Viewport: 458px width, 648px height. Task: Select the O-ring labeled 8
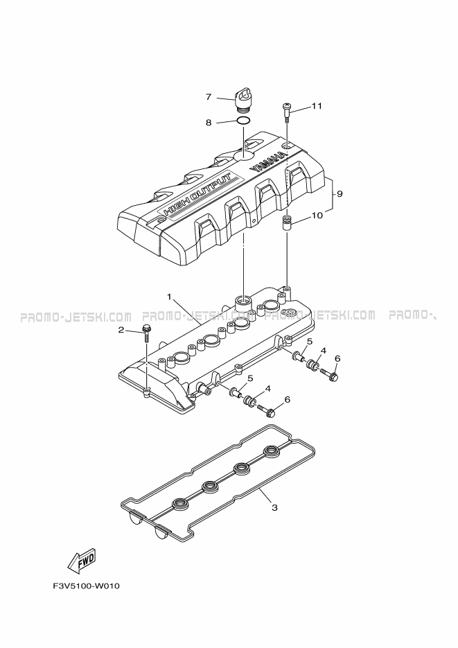coord(243,121)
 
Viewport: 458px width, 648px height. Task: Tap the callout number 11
coord(317,106)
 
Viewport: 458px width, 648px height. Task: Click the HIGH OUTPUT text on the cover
coord(197,194)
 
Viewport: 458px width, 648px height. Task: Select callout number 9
coord(340,193)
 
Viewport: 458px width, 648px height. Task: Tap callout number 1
coord(169,297)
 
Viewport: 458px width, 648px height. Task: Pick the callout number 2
coord(121,330)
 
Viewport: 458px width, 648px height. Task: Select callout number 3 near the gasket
coord(274,507)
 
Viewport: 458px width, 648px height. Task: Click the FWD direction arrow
coord(81,560)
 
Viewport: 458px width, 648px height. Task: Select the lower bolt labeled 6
coord(266,410)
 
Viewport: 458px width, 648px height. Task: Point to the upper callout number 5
coord(309,342)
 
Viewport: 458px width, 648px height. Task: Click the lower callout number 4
coord(268,389)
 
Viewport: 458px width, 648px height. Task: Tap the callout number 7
coord(209,97)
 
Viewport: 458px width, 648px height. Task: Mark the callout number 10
coord(317,216)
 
